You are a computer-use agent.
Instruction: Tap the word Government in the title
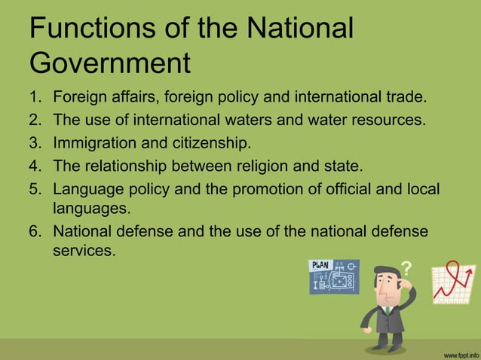pos(110,63)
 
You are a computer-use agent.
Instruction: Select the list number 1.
pos(34,97)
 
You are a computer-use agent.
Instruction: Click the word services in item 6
pos(84,249)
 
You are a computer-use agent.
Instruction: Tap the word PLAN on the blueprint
pos(323,265)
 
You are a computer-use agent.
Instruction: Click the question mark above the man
pos(406,267)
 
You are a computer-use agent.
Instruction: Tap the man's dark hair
pos(381,273)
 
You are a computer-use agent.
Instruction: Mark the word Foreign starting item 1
pos(78,97)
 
